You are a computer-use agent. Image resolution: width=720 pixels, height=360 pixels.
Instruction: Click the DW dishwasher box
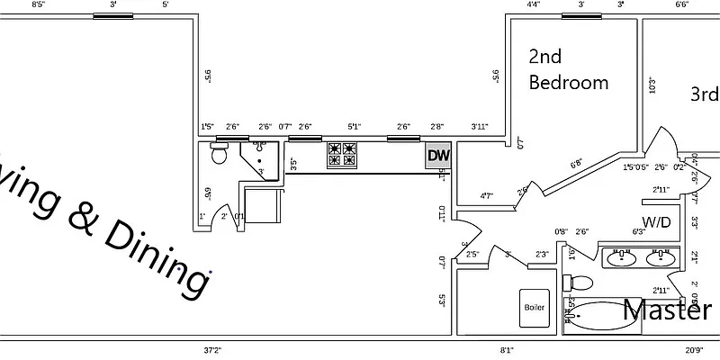[x=438, y=156]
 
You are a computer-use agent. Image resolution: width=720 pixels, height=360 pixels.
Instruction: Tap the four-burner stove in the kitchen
[x=342, y=155]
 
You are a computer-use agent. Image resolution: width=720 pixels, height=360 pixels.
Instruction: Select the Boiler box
[x=534, y=307]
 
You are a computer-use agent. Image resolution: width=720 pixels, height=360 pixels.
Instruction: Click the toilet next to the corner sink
[x=218, y=154]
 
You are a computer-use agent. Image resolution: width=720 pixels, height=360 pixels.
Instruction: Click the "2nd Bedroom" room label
[x=567, y=69]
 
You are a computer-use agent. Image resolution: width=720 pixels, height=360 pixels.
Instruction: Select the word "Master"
[x=667, y=310]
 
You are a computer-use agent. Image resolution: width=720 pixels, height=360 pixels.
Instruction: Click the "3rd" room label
[x=704, y=94]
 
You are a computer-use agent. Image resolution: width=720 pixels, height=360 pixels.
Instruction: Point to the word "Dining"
[x=158, y=256]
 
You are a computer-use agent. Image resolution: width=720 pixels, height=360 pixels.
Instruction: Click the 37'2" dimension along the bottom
[x=212, y=350]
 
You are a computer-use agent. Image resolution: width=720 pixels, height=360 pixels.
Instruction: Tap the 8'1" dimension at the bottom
[x=507, y=350]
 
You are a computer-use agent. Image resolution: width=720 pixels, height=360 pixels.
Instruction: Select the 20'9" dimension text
[x=693, y=350]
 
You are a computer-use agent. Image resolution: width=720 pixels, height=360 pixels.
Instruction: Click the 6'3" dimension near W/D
[x=640, y=232]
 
